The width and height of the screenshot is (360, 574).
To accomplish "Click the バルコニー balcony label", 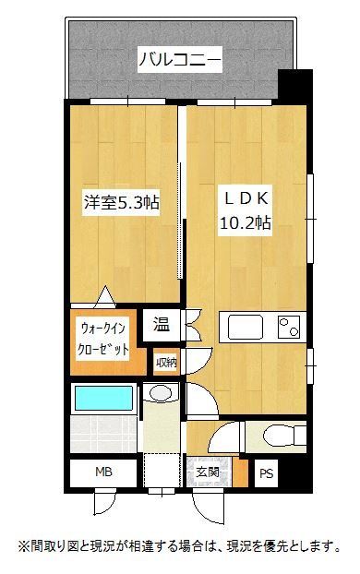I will [179, 61].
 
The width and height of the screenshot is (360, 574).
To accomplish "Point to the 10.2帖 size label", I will [244, 222].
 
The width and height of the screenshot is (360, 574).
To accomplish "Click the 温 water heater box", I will [162, 324].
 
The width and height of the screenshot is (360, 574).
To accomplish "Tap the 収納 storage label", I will [166, 361].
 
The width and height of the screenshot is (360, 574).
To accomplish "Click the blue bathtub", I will [103, 399].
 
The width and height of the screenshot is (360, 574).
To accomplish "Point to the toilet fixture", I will [277, 435].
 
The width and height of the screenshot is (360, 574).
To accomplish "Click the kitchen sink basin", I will [246, 327].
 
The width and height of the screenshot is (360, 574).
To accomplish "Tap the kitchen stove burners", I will [290, 327].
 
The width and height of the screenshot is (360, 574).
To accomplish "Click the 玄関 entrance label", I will [208, 473].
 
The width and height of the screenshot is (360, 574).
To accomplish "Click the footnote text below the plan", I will [180, 545].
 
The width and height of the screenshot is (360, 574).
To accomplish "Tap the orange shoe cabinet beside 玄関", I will [241, 473].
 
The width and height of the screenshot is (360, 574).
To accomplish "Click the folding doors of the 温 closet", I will [191, 324].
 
